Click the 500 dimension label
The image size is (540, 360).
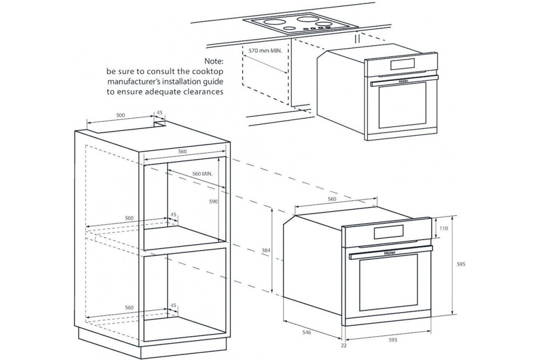[x=121, y=115]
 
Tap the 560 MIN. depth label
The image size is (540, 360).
[x=202, y=173]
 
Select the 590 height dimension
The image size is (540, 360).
[x=213, y=202]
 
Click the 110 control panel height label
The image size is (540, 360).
[x=443, y=228]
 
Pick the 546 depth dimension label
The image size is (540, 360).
[x=307, y=333]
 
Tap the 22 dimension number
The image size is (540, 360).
[x=344, y=345]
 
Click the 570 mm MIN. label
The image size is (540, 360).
[x=265, y=51]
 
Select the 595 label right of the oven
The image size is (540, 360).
[x=459, y=265]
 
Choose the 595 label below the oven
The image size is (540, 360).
[x=392, y=340]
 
